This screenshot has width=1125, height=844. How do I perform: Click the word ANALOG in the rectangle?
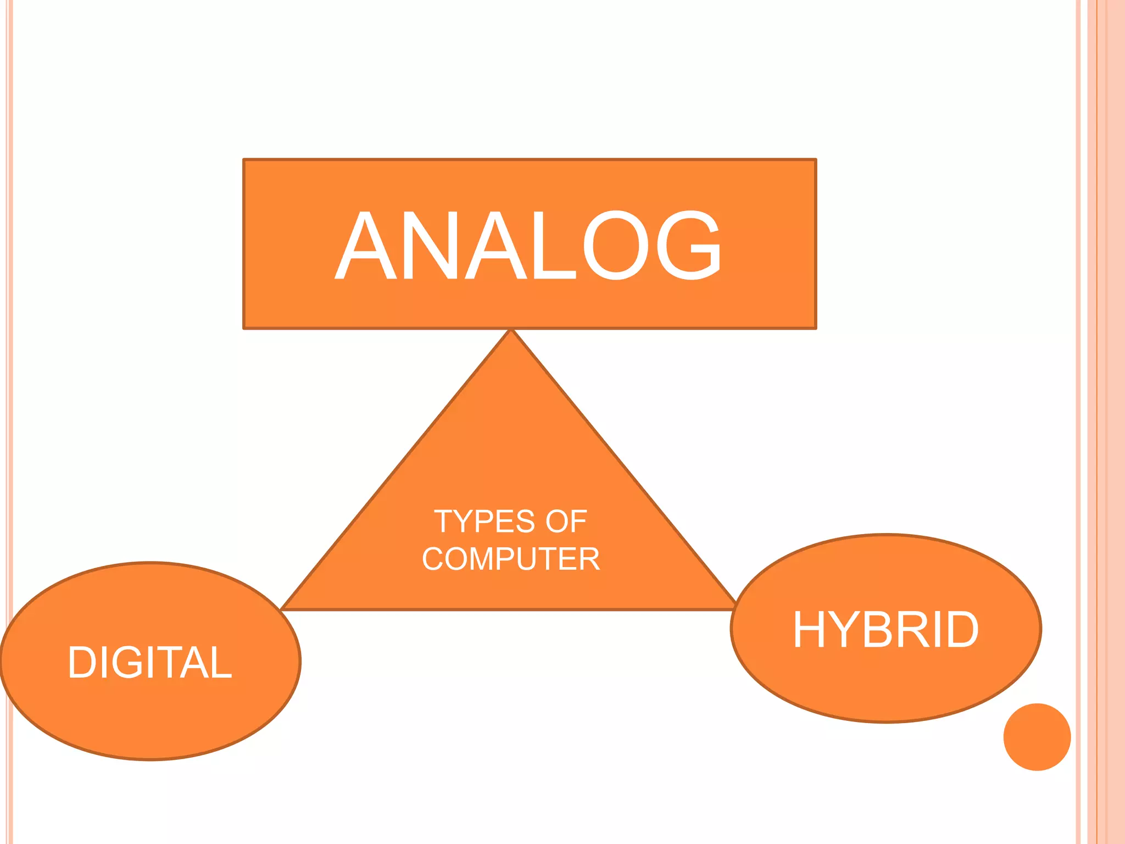(x=528, y=245)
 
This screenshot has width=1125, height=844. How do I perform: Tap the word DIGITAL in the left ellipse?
(x=150, y=662)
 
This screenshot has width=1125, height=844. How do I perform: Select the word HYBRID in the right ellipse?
(x=885, y=629)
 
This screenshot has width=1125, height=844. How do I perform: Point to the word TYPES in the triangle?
(x=484, y=521)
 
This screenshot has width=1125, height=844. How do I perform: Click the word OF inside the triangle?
(x=566, y=521)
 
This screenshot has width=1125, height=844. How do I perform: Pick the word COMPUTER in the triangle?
(x=511, y=559)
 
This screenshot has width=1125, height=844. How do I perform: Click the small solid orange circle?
(x=1037, y=737)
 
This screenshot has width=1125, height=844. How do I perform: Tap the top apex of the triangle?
(x=511, y=329)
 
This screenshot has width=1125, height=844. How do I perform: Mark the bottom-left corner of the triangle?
(x=281, y=609)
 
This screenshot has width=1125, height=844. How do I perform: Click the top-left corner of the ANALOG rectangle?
(x=244, y=159)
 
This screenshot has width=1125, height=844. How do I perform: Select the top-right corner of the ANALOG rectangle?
(x=816, y=159)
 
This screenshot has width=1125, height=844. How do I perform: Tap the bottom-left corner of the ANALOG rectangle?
(x=244, y=329)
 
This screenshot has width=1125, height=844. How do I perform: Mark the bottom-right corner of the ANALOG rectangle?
(x=816, y=329)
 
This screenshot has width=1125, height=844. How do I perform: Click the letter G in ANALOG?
(x=689, y=245)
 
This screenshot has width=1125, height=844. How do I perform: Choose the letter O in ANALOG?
(x=616, y=245)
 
